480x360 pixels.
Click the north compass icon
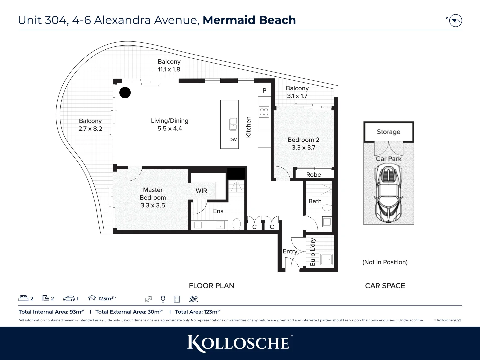click(x=455, y=21)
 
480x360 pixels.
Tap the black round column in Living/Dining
click(x=125, y=93)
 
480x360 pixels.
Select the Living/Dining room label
click(x=169, y=121)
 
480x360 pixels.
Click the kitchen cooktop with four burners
click(x=264, y=112)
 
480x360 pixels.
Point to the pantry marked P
click(x=264, y=90)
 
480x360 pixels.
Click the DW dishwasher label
click(x=233, y=140)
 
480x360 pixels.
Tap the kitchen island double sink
click(x=233, y=124)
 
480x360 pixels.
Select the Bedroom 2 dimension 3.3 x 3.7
click(x=303, y=147)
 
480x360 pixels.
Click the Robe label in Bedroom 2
click(x=313, y=175)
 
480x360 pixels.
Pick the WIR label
click(x=201, y=191)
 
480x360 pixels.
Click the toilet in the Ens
click(x=236, y=224)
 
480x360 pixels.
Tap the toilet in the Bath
click(x=327, y=208)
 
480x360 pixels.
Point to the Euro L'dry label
click(x=313, y=252)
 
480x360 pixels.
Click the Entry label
click(x=290, y=251)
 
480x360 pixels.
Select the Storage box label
click(x=388, y=132)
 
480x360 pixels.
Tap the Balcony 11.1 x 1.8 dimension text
click(x=169, y=69)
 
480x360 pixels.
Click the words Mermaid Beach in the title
click(x=249, y=20)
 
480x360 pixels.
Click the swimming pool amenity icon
click(x=193, y=299)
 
